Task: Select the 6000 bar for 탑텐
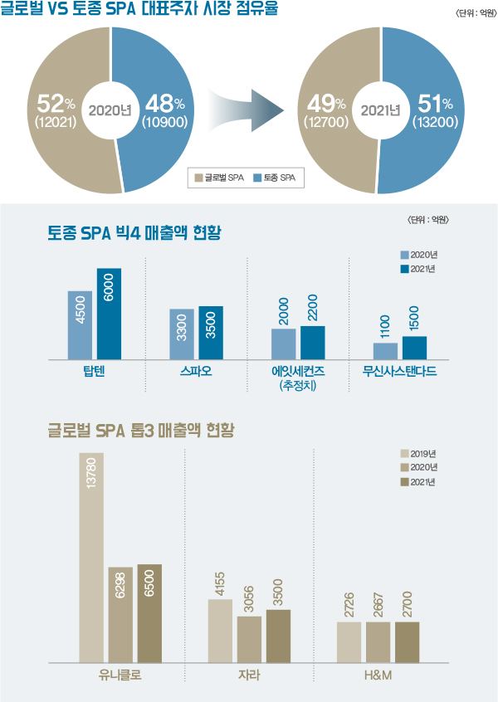(x=109, y=314)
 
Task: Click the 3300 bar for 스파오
(x=182, y=334)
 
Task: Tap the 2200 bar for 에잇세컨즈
(x=312, y=343)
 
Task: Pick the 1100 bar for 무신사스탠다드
(x=385, y=351)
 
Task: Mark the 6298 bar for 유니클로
(x=120, y=615)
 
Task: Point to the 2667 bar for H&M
(x=378, y=642)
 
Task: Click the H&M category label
(x=378, y=676)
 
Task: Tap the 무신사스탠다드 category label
(x=399, y=371)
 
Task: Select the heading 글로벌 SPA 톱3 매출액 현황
(x=141, y=431)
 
